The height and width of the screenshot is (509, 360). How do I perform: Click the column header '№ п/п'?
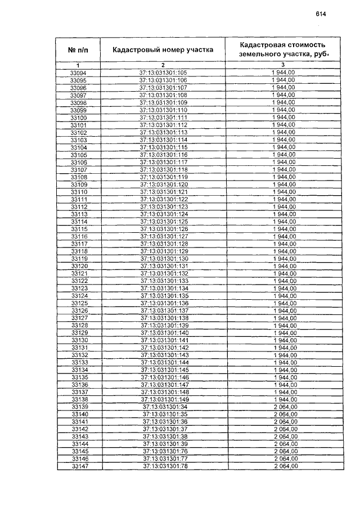point(78,50)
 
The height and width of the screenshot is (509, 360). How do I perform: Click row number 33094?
point(78,73)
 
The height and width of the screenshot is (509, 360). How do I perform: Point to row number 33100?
point(78,118)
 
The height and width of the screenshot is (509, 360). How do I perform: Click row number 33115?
point(78,229)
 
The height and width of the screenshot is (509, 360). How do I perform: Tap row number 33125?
point(78,304)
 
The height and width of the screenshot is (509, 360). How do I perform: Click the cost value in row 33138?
point(285,399)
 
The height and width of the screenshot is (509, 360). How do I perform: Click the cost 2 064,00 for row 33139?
point(285,407)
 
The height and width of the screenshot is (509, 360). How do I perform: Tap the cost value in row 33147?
point(285,466)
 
